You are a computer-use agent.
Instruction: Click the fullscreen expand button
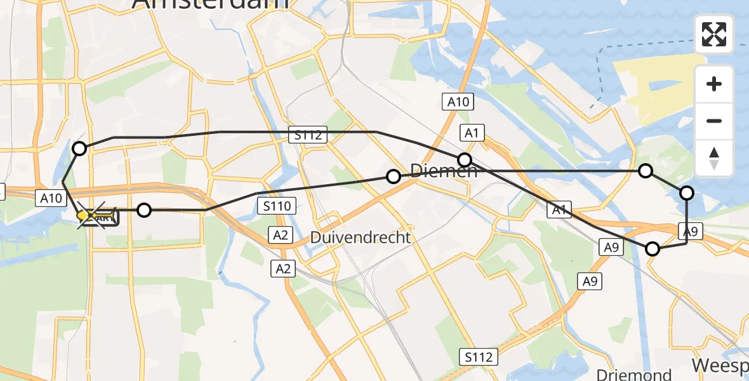(x=714, y=34)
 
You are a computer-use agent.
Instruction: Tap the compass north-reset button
(x=714, y=157)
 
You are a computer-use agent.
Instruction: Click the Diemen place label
(x=444, y=171)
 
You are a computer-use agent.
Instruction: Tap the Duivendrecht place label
(x=361, y=238)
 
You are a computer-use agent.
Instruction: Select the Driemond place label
(x=634, y=374)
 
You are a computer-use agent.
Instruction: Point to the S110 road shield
(x=276, y=206)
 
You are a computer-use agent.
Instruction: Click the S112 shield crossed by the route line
(x=310, y=135)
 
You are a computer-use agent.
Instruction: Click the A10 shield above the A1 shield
(x=458, y=102)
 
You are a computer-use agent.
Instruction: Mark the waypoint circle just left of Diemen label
(x=394, y=177)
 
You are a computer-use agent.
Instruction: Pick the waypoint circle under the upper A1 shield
(x=465, y=159)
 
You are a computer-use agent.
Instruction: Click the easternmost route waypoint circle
(x=687, y=193)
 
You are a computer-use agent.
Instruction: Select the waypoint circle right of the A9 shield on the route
(x=653, y=249)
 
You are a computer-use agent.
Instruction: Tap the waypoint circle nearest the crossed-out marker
(x=145, y=210)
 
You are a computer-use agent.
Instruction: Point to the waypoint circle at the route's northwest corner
(x=79, y=149)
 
